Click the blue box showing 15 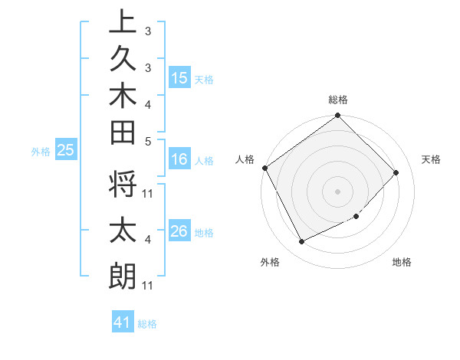(179, 78)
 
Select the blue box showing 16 (179, 159)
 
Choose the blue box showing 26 (179, 231)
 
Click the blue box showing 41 (123, 322)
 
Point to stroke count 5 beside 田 (148, 140)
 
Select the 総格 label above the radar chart (338, 100)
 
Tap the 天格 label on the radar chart (431, 159)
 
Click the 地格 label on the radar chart (402, 262)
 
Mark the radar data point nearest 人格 (264, 168)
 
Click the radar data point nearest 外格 (301, 242)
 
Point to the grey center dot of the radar (337, 191)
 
